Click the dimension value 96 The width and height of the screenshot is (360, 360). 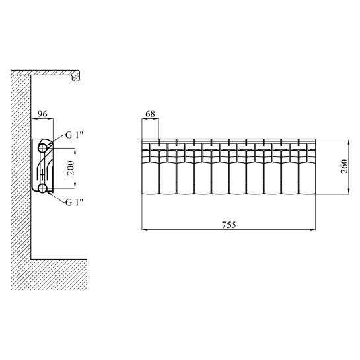click(42, 114)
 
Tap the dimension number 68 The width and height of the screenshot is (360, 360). click(151, 114)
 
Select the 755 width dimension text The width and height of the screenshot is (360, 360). click(229, 225)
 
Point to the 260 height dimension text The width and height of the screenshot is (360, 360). click(344, 166)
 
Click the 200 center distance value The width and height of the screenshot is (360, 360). click(71, 168)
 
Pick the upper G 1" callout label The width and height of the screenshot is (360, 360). click(74, 135)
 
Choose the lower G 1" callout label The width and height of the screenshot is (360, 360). click(74, 203)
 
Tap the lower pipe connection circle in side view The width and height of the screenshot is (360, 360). click(42, 188)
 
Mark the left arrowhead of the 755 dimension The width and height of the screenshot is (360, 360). click(144, 229)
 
